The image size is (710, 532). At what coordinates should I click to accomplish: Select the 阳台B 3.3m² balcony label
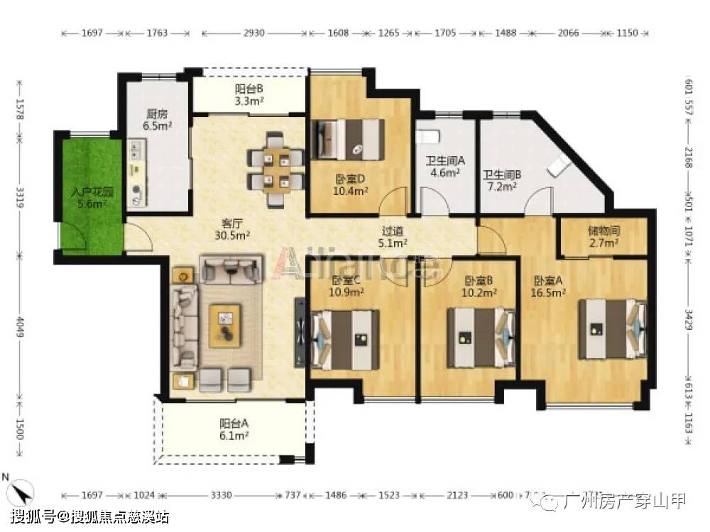249,94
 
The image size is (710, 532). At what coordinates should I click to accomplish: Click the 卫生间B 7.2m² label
502,180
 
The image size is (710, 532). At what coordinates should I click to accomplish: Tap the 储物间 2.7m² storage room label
603,237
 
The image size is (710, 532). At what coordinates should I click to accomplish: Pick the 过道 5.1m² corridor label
394,237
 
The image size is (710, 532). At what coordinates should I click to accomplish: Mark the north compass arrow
23,489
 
